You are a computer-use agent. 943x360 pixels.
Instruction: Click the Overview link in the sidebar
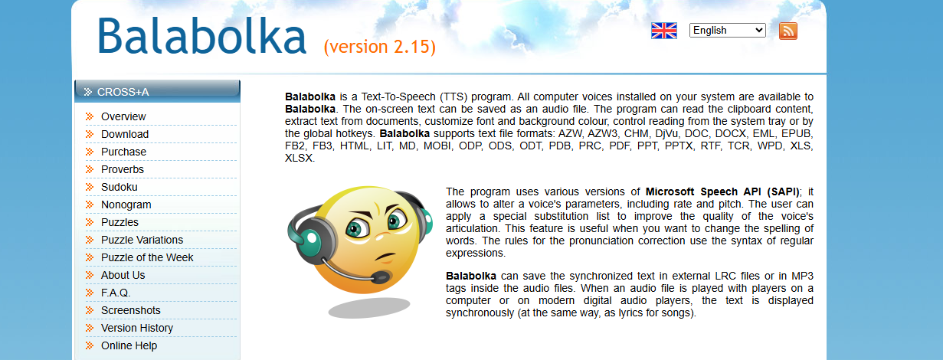click(x=123, y=116)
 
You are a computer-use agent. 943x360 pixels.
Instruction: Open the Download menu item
click(x=125, y=134)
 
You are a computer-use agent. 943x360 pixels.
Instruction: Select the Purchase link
click(x=123, y=152)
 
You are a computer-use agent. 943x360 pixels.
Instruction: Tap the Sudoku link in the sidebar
click(x=120, y=187)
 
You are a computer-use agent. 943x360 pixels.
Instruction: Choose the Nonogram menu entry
click(x=126, y=205)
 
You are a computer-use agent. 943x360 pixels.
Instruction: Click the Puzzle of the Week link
click(x=147, y=257)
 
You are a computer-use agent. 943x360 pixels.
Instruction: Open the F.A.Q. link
click(x=116, y=293)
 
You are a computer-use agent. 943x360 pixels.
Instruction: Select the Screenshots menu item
click(x=130, y=310)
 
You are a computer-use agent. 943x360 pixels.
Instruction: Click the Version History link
click(x=137, y=328)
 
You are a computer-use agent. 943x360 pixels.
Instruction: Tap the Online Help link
click(x=129, y=345)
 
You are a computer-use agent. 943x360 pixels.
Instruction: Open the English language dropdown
click(x=727, y=31)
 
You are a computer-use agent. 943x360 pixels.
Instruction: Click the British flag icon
click(x=664, y=31)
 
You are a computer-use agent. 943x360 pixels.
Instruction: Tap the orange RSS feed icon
click(x=788, y=31)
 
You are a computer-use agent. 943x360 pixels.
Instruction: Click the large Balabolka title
click(x=202, y=36)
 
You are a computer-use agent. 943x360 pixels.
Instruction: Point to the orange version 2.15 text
click(x=380, y=47)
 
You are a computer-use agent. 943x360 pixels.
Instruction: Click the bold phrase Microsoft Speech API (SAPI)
click(x=722, y=192)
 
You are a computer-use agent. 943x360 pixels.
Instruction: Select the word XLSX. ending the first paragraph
click(x=300, y=159)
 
